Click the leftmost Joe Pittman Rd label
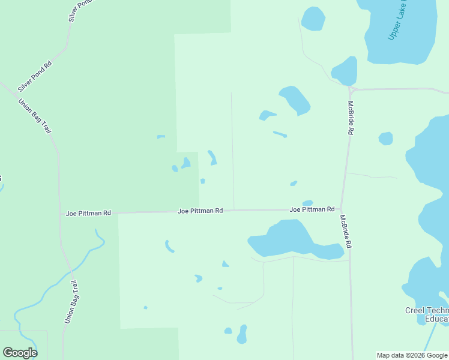click(89, 213)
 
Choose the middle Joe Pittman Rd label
click(200, 211)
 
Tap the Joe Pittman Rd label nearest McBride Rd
click(312, 209)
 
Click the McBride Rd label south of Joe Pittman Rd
click(345, 232)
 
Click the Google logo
click(20, 353)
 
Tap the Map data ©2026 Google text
click(412, 355)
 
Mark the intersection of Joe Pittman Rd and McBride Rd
click(341, 209)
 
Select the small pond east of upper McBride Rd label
click(385, 139)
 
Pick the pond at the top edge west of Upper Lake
click(313, 19)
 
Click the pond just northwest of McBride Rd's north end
click(345, 71)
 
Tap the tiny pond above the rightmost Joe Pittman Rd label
click(307, 203)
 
